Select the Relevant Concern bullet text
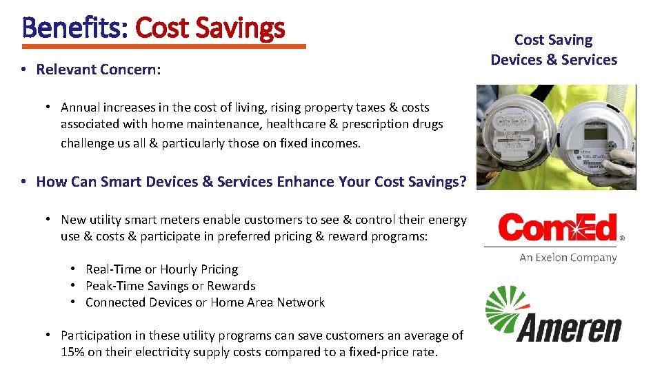coord(99,69)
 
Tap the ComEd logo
coord(559,227)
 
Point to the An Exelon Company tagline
coord(568,258)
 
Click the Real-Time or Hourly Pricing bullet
coord(161,269)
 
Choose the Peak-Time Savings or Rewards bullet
coord(170,286)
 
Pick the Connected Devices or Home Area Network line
coord(205,302)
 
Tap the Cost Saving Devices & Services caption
coord(554,50)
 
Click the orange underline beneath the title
coord(164,47)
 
